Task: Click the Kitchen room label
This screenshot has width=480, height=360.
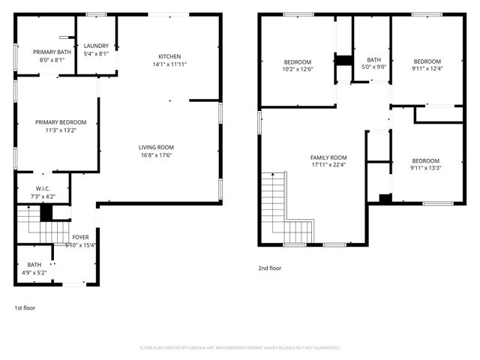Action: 169,57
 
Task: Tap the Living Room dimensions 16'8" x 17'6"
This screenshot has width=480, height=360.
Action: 156,156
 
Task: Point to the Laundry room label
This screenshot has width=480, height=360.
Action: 96,46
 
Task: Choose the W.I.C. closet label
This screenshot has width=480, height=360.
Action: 43,188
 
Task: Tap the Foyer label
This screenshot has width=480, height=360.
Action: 80,237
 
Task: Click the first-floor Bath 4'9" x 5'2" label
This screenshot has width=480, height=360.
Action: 34,264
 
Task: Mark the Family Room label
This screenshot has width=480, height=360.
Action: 328,157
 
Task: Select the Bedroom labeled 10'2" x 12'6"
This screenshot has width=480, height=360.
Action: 298,61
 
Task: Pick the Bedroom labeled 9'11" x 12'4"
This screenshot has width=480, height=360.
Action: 427,61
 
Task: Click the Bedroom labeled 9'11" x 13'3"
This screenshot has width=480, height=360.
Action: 425,160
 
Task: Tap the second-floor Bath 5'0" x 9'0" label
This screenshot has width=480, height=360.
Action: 373,60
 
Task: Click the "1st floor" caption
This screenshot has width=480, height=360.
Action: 25,307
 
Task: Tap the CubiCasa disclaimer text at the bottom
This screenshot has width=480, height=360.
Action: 240,348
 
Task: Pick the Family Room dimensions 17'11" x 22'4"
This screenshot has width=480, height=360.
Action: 328,165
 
